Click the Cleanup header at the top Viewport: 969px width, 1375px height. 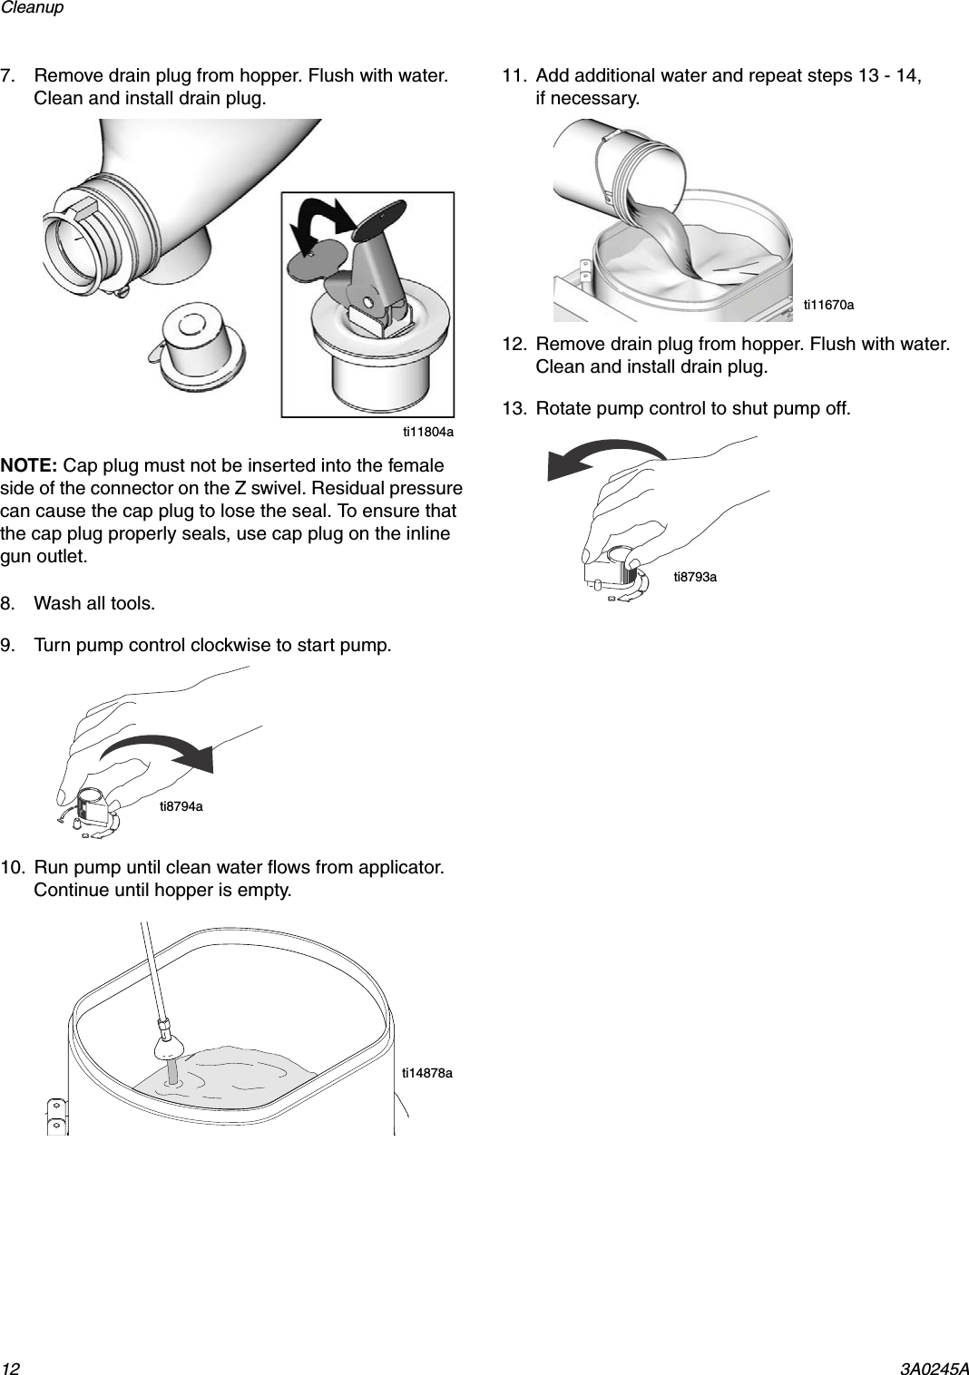click(x=33, y=8)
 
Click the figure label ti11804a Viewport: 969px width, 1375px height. click(x=427, y=433)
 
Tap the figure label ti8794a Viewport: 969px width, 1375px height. click(x=181, y=806)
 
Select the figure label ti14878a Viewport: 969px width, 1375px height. click(x=426, y=1073)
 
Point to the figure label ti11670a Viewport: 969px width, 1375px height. click(x=828, y=306)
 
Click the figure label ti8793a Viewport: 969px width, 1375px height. click(x=694, y=577)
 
